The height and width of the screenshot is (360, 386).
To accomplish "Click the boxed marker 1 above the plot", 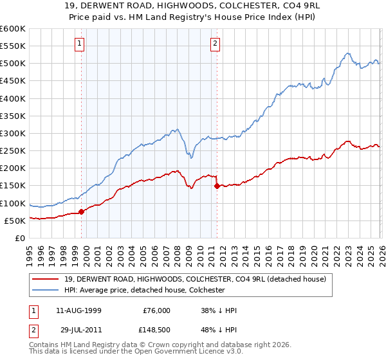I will point(79,44).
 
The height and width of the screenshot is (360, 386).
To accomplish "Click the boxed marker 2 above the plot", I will point(214,44).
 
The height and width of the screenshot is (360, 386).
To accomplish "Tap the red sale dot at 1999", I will point(81,212).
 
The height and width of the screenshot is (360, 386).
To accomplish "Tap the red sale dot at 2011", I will point(217,186).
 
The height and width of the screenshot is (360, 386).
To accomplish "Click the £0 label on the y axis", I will point(19,239).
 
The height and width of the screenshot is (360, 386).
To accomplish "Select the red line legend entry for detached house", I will point(195,279).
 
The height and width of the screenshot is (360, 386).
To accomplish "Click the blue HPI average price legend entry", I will point(143,290).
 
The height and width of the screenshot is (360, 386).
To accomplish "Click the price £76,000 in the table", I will point(156,310).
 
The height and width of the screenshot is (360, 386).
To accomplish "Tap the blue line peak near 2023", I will point(347,53).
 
